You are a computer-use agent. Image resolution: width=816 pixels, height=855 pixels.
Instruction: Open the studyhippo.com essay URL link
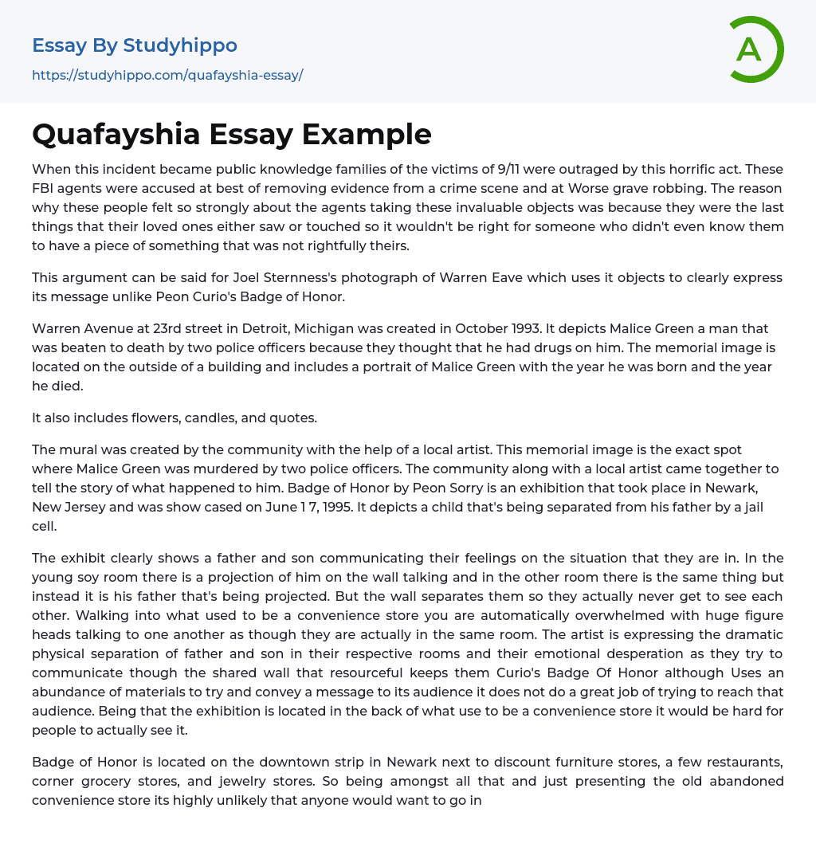(x=167, y=75)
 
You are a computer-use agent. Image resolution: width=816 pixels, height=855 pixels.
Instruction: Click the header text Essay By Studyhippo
(x=135, y=45)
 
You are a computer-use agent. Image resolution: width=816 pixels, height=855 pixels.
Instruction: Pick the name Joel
(x=245, y=277)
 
